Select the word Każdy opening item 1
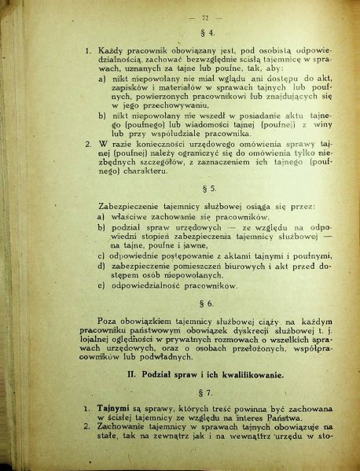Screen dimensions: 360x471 click(113, 51)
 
